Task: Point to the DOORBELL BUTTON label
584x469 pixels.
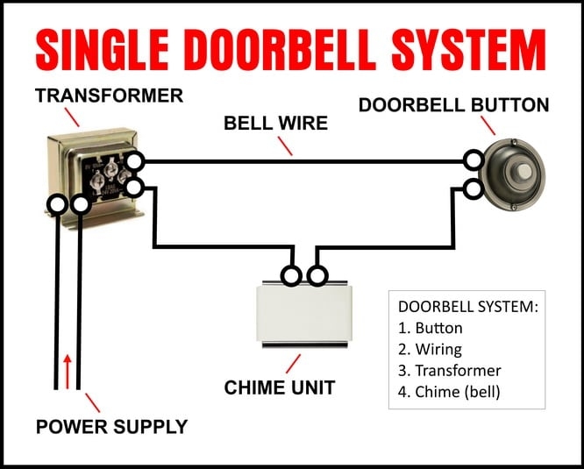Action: coord(453,105)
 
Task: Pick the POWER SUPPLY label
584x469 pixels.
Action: coord(111,427)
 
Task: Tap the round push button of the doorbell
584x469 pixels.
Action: coord(516,169)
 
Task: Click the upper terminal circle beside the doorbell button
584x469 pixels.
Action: coord(474,160)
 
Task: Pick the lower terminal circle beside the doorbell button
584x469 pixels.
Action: coord(474,188)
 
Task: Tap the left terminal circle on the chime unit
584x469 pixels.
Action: coord(291,277)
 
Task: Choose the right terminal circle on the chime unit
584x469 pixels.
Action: coord(317,277)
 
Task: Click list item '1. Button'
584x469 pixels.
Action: coord(430,329)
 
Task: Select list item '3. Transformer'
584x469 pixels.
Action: coord(449,370)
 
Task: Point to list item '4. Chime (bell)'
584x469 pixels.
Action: coord(448,392)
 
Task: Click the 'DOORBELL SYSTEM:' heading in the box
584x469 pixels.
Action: coord(467,307)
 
